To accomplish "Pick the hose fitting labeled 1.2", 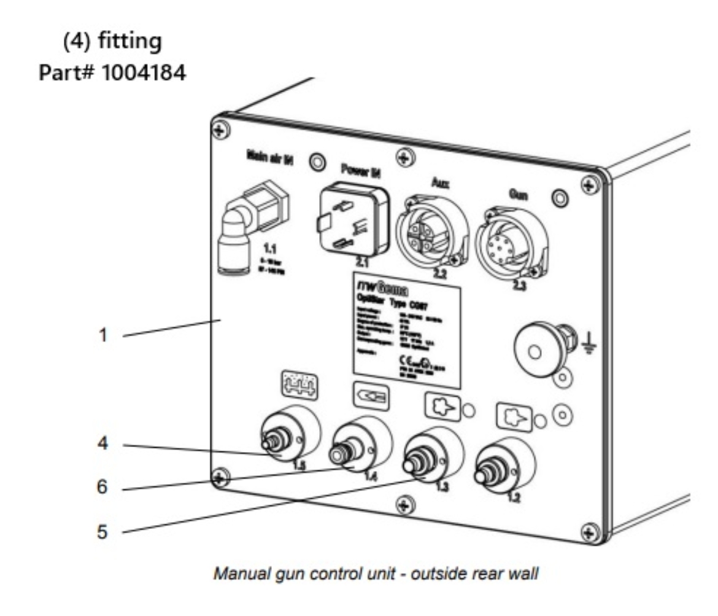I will click(494, 470).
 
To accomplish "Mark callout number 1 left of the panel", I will click(104, 335).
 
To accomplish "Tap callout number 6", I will click(104, 488).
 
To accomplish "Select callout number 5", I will click(104, 531).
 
